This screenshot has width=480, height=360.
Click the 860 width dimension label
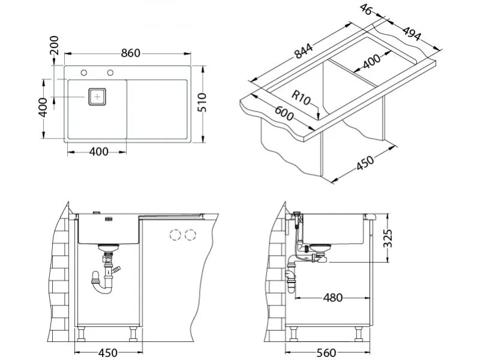coord(129,53)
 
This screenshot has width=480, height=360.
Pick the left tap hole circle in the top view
coord(84,73)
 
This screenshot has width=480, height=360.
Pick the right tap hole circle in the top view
coord(110,73)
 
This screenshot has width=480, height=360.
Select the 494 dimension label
coord(411,34)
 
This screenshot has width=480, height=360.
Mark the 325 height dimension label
coord(389,238)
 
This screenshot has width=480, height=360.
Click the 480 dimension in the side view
coord(334,296)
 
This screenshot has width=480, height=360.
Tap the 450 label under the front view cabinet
coord(107,352)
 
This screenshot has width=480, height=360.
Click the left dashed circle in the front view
coord(176,234)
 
